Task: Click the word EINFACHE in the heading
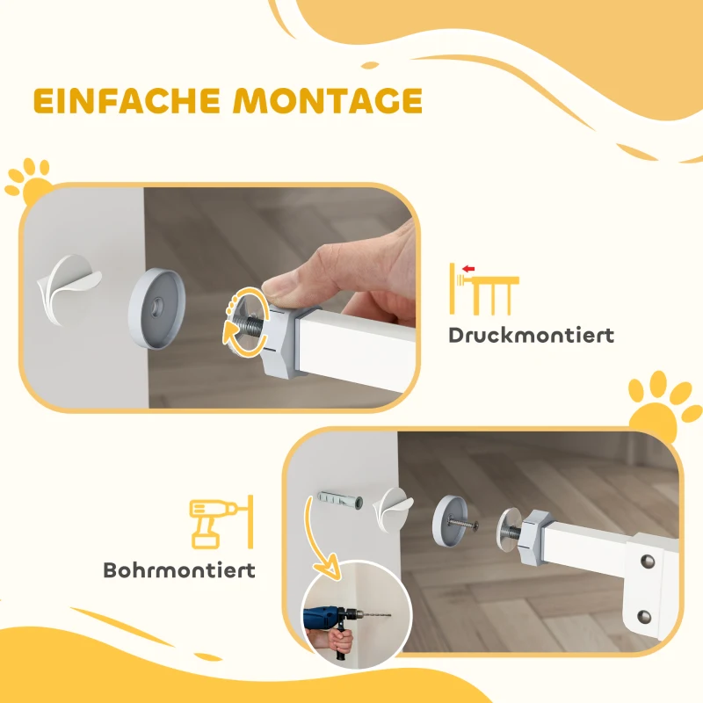127,100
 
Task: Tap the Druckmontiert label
531,335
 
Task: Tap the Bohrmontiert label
179,569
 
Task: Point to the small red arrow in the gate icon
468,267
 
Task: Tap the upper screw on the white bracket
649,559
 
